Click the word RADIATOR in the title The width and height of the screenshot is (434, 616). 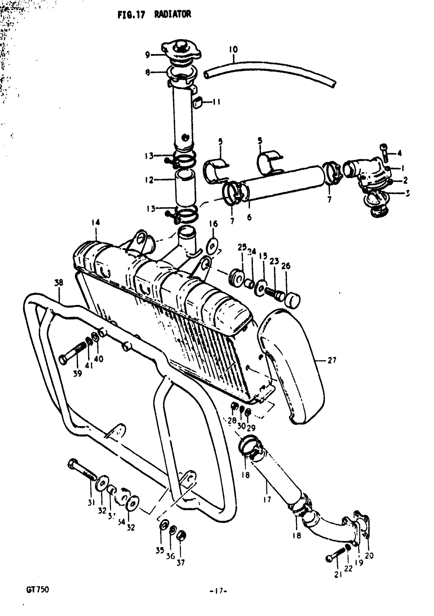click(172, 14)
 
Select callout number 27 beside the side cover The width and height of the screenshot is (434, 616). click(332, 360)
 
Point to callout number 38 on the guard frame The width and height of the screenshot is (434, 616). click(59, 283)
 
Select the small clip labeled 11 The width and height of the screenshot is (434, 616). click(198, 103)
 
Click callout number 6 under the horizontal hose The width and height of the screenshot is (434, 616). click(249, 217)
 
